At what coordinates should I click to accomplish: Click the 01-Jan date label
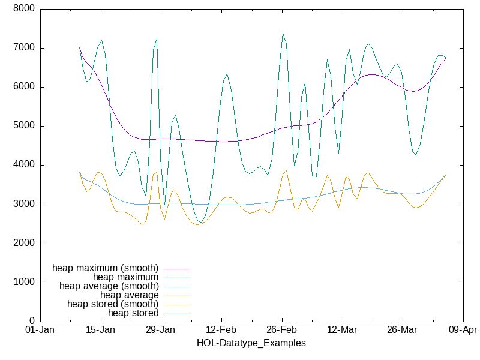click(x=40, y=330)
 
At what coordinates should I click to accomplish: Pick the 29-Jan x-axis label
click(x=160, y=330)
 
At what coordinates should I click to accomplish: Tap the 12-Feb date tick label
click(x=221, y=330)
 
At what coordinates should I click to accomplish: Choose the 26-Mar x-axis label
click(x=402, y=330)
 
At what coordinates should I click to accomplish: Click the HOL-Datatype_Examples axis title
click(x=251, y=343)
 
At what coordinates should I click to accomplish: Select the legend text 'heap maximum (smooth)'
click(x=106, y=268)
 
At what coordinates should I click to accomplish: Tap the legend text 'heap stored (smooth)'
click(x=113, y=304)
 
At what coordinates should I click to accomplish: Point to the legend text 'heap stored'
click(x=133, y=313)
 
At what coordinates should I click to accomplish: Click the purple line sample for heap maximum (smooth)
click(x=177, y=268)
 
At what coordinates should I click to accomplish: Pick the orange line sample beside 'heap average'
click(x=177, y=295)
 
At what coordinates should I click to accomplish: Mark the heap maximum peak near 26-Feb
click(x=283, y=34)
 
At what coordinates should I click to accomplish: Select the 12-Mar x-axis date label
click(x=341, y=330)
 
